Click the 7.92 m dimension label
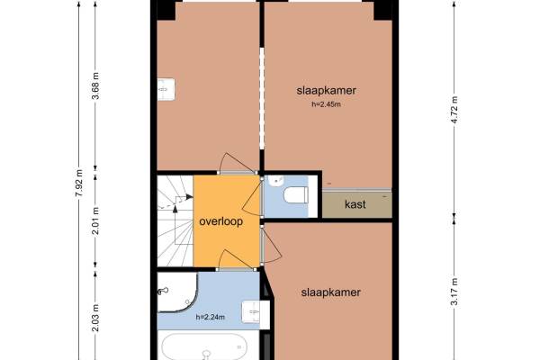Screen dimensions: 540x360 (79, 182)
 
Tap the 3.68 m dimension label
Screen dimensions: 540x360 (95, 85)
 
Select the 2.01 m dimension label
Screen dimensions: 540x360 (95, 220)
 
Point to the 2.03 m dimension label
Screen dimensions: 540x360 (95, 318)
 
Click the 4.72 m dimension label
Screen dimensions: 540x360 (454, 110)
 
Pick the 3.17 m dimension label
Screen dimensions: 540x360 (454, 291)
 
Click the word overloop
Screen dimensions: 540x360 (220, 221)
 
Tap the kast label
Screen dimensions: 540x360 (355, 204)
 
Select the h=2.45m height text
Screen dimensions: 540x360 (326, 104)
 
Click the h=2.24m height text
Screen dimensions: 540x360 (211, 318)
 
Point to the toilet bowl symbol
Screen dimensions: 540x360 (296, 194)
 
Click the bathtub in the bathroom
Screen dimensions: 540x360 (205, 347)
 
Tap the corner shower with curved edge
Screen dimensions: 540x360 (177, 292)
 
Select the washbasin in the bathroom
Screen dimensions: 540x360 (251, 312)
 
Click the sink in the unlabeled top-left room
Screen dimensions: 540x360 (166, 90)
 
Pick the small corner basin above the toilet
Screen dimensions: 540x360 (277, 181)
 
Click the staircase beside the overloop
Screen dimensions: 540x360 (175, 220)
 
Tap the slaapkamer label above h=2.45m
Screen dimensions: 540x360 (326, 90)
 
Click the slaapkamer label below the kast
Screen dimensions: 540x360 (330, 292)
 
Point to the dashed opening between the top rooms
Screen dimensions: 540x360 (262, 98)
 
